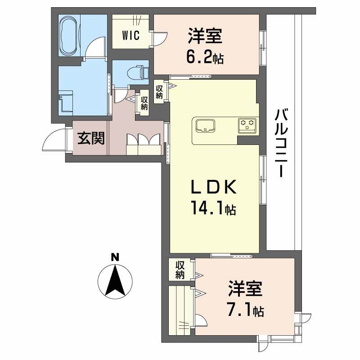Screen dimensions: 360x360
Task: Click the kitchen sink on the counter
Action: pyautogui.click(x=205, y=125)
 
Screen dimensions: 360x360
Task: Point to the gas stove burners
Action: pyautogui.click(x=247, y=125)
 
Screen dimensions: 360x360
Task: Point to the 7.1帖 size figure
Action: pyautogui.click(x=245, y=310)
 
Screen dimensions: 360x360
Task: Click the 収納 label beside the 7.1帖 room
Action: pyautogui.click(x=180, y=269)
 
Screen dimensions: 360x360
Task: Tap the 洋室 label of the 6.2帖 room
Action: pyautogui.click(x=205, y=36)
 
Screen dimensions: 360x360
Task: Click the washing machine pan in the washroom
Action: pyautogui.click(x=66, y=102)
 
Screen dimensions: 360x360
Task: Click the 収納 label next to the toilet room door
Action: pyautogui.click(x=144, y=103)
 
